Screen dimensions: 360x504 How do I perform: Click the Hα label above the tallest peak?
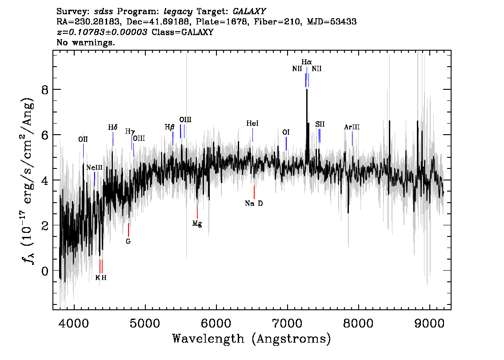tap(307, 62)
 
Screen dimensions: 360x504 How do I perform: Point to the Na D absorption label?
tap(254, 204)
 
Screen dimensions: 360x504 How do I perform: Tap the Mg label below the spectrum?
tap(197, 224)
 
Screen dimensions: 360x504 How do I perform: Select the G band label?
tap(128, 241)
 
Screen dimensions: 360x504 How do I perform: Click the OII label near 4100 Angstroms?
tap(83, 140)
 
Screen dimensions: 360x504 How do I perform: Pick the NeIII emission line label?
tap(94, 168)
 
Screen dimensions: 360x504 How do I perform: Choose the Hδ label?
tap(113, 128)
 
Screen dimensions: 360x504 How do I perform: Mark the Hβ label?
tap(170, 127)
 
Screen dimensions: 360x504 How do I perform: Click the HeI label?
tap(252, 123)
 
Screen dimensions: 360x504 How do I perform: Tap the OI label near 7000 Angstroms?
tap(286, 132)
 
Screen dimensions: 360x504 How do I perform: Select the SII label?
tap(320, 124)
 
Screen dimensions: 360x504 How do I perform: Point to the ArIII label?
tap(352, 127)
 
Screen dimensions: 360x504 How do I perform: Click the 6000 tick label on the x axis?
tap(216, 323)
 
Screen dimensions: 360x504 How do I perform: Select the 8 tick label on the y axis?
tap(43, 90)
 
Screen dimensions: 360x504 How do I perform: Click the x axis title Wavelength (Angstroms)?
tap(252, 339)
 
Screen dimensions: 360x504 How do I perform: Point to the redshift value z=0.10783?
tap(102, 32)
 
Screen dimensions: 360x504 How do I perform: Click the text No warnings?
tap(86, 43)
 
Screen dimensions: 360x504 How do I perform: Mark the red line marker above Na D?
tap(254, 192)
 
